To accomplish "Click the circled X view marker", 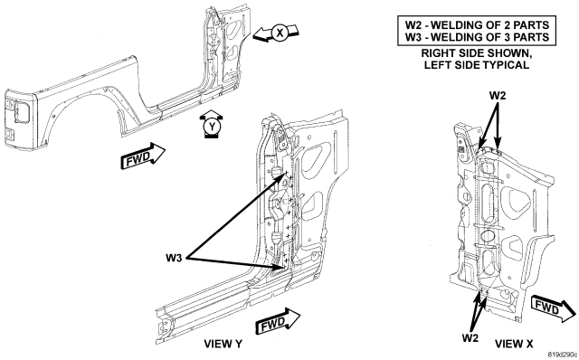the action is [280, 33].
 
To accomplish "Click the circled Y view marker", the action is [212, 127].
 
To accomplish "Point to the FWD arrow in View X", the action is [553, 308].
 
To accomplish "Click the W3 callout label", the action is [174, 258].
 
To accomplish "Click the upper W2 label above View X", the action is [498, 96].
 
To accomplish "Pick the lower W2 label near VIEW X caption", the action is [470, 338].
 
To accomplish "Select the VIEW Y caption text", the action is [223, 344].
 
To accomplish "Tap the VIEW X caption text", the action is [514, 344].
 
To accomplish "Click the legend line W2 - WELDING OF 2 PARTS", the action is [477, 25].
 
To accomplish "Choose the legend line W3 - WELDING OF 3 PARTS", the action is [477, 37].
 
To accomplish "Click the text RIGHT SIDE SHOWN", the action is [477, 53].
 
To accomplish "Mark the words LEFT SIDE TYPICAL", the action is [477, 65].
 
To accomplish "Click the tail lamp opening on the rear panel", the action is [21, 111].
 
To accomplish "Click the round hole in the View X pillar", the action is [488, 236].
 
